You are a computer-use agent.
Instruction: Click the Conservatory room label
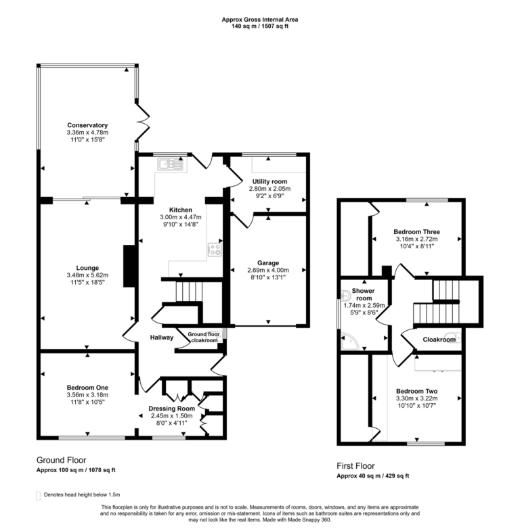(87, 125)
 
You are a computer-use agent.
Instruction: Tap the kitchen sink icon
(170, 162)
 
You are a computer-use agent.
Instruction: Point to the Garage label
(268, 263)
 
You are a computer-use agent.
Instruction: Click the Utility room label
(271, 182)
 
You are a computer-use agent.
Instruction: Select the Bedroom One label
(87, 387)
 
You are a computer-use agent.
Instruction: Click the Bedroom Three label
(416, 231)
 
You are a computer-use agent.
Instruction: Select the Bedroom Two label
(416, 392)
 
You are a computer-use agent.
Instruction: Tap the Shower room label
(364, 294)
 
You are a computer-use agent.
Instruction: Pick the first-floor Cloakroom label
(439, 340)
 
